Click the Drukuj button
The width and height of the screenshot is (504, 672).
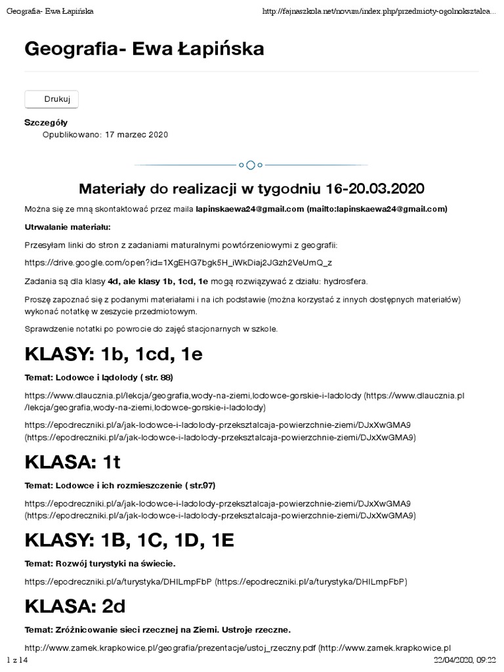point(52,99)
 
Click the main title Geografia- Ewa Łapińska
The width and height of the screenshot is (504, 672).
point(144,49)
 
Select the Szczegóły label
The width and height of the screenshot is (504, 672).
point(46,123)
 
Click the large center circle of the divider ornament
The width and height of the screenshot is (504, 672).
point(251,165)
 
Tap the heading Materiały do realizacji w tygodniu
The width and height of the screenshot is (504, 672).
point(251,189)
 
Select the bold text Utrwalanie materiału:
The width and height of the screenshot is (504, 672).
point(68,227)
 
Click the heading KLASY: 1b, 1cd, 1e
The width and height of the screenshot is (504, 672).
point(114,354)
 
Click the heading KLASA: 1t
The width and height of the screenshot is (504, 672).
point(72,462)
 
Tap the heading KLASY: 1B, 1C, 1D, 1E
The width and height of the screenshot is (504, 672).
point(129,540)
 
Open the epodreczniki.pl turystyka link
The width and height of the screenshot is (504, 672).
point(119,581)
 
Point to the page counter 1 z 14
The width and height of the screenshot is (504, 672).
point(18,659)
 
